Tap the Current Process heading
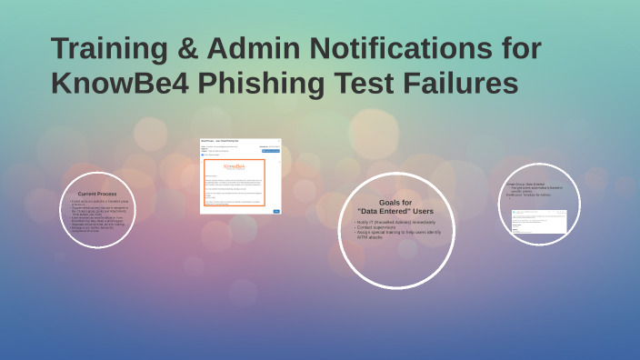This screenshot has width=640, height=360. coord(99,194)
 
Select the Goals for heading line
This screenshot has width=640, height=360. coord(395,202)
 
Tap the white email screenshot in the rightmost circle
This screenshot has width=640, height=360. coord(539,221)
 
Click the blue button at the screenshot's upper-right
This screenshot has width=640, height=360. coord(271,150)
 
